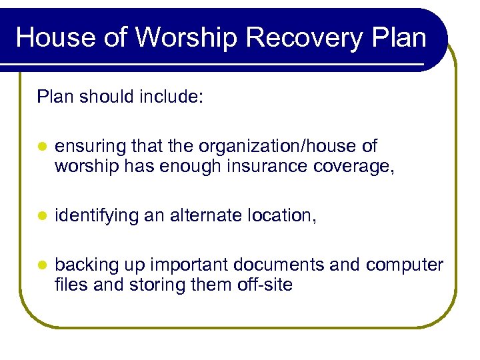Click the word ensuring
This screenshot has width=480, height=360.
coord(91,146)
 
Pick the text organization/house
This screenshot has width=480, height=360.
coord(279,146)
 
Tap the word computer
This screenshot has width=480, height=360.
coord(405,265)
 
